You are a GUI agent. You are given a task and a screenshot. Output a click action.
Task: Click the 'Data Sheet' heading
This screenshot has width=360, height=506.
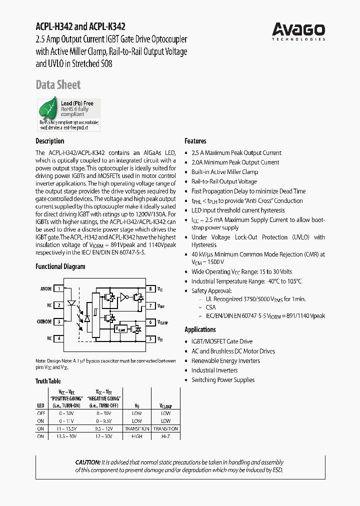click(58, 85)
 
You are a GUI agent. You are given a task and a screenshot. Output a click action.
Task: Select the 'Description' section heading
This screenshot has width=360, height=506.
click(50, 141)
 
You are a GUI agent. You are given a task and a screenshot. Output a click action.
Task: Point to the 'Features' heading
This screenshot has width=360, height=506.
click(195, 141)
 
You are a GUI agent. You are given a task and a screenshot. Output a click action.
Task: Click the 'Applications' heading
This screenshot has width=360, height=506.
click(200, 329)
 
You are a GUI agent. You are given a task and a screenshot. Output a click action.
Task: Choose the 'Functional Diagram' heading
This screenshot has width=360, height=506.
click(60, 266)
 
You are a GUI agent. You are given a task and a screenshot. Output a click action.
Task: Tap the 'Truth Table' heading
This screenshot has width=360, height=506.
click(48, 381)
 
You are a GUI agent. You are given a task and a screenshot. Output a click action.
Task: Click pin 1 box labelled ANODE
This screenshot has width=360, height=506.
click(59, 288)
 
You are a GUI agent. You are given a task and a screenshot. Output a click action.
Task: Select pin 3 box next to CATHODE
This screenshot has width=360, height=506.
click(59, 321)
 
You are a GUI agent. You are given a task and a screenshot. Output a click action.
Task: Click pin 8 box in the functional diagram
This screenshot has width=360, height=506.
click(150, 288)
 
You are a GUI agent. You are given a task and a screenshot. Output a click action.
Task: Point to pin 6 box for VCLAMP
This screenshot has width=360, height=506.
click(150, 322)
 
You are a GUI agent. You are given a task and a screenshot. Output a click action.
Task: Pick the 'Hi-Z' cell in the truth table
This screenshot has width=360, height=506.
click(165, 436)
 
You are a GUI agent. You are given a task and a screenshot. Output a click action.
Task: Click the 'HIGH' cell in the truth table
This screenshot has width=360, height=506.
click(137, 436)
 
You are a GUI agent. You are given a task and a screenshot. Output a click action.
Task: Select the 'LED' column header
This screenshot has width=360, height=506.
click(40, 405)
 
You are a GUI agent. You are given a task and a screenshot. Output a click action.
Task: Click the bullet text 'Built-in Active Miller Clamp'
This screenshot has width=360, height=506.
click(224, 172)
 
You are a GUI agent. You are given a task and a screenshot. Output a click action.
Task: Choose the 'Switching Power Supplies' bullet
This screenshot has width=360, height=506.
click(223, 380)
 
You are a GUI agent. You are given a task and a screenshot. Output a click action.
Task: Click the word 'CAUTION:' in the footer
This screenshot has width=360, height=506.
click(87, 462)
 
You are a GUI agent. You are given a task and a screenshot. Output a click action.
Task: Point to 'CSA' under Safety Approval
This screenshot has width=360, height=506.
click(211, 307)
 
